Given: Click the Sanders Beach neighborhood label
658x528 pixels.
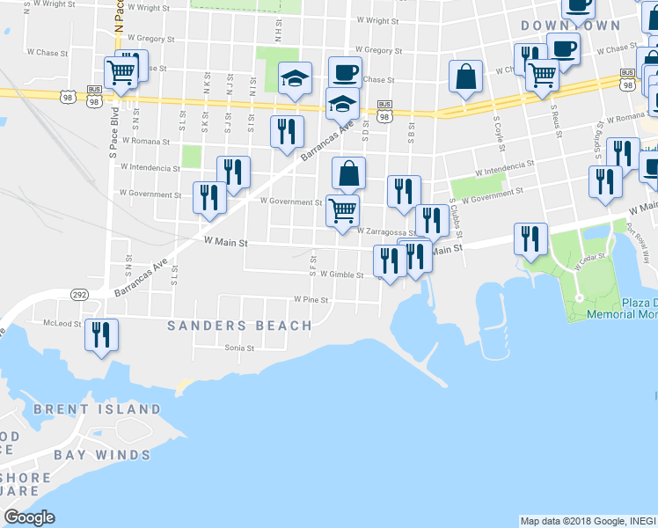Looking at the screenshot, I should click(239, 326).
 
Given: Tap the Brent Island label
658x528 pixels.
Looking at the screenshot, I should click(97, 409).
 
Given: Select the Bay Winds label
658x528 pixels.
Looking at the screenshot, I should click(102, 455).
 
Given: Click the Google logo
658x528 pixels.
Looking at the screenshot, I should click(29, 517).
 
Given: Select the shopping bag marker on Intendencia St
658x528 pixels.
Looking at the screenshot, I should click(349, 173).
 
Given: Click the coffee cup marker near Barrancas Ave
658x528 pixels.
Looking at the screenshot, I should click(345, 71).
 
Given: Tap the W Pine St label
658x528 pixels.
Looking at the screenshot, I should click(311, 300).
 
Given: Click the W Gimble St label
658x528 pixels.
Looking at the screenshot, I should click(342, 275).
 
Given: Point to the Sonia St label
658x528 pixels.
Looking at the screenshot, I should click(238, 348).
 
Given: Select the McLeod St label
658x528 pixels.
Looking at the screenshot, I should click(63, 323).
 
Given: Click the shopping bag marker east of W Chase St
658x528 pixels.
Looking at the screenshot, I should click(465, 77).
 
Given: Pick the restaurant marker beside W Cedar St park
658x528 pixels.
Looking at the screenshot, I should click(530, 238).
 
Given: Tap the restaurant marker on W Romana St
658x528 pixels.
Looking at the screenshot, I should click(287, 132).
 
